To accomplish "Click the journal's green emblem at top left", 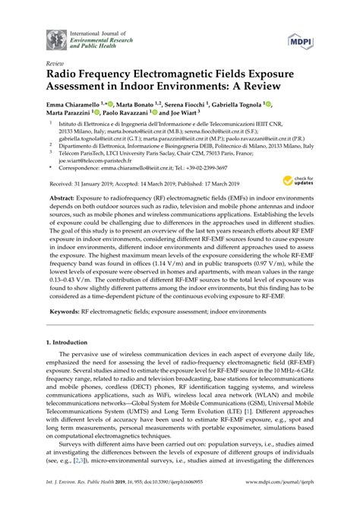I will pos(56,37).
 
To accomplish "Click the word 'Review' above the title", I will pos(55,65).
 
